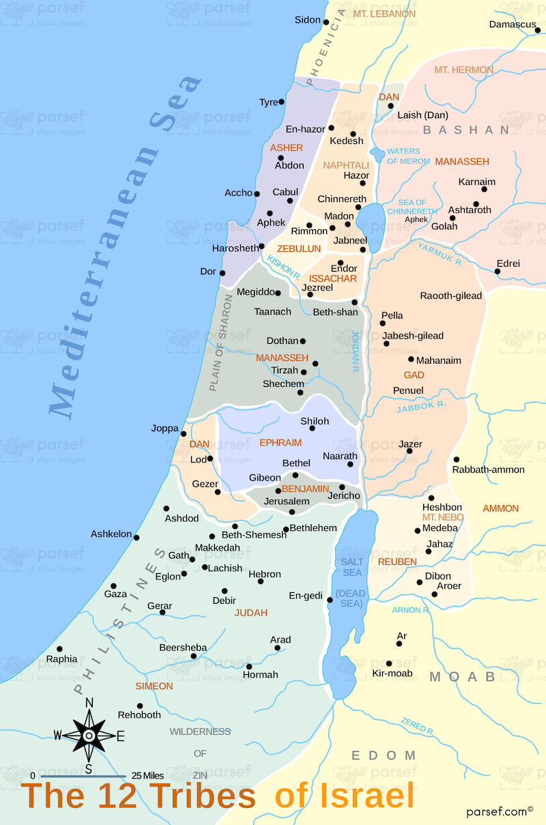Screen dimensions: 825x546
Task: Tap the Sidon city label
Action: (x=307, y=20)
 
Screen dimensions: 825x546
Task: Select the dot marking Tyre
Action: (x=282, y=102)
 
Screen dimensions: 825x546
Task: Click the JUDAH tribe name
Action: (x=251, y=613)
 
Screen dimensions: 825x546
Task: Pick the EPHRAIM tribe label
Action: (x=281, y=443)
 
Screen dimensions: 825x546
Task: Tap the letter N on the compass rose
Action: (x=89, y=702)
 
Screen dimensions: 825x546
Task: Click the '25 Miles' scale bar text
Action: (x=147, y=776)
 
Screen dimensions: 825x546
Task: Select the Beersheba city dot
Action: (x=194, y=656)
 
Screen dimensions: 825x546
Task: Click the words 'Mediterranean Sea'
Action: (x=126, y=246)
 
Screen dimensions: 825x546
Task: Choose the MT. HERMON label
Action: (x=464, y=70)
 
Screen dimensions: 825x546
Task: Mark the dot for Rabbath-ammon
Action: (x=456, y=459)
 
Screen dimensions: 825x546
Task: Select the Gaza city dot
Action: (x=114, y=586)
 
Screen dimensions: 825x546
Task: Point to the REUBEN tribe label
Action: (x=397, y=562)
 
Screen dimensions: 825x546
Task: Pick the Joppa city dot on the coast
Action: (x=184, y=434)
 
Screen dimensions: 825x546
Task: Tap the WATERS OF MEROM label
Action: (x=409, y=156)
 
